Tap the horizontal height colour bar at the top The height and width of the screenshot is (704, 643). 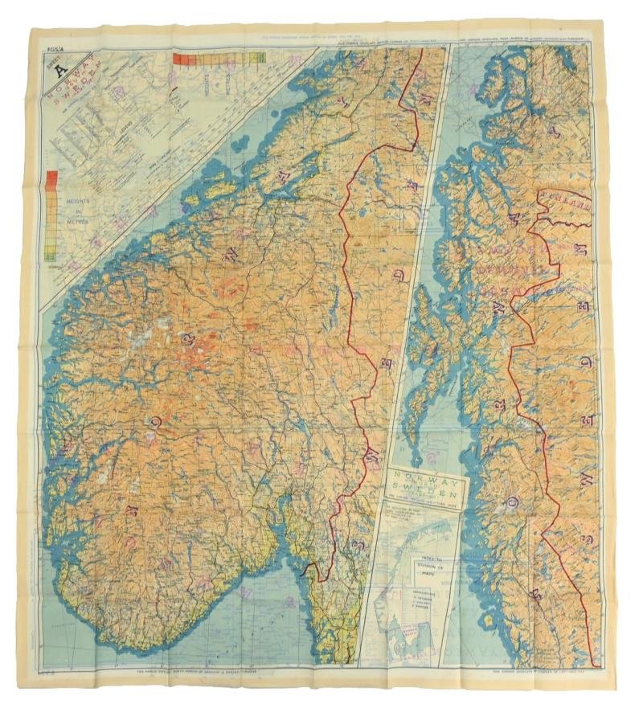point(219,58)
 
